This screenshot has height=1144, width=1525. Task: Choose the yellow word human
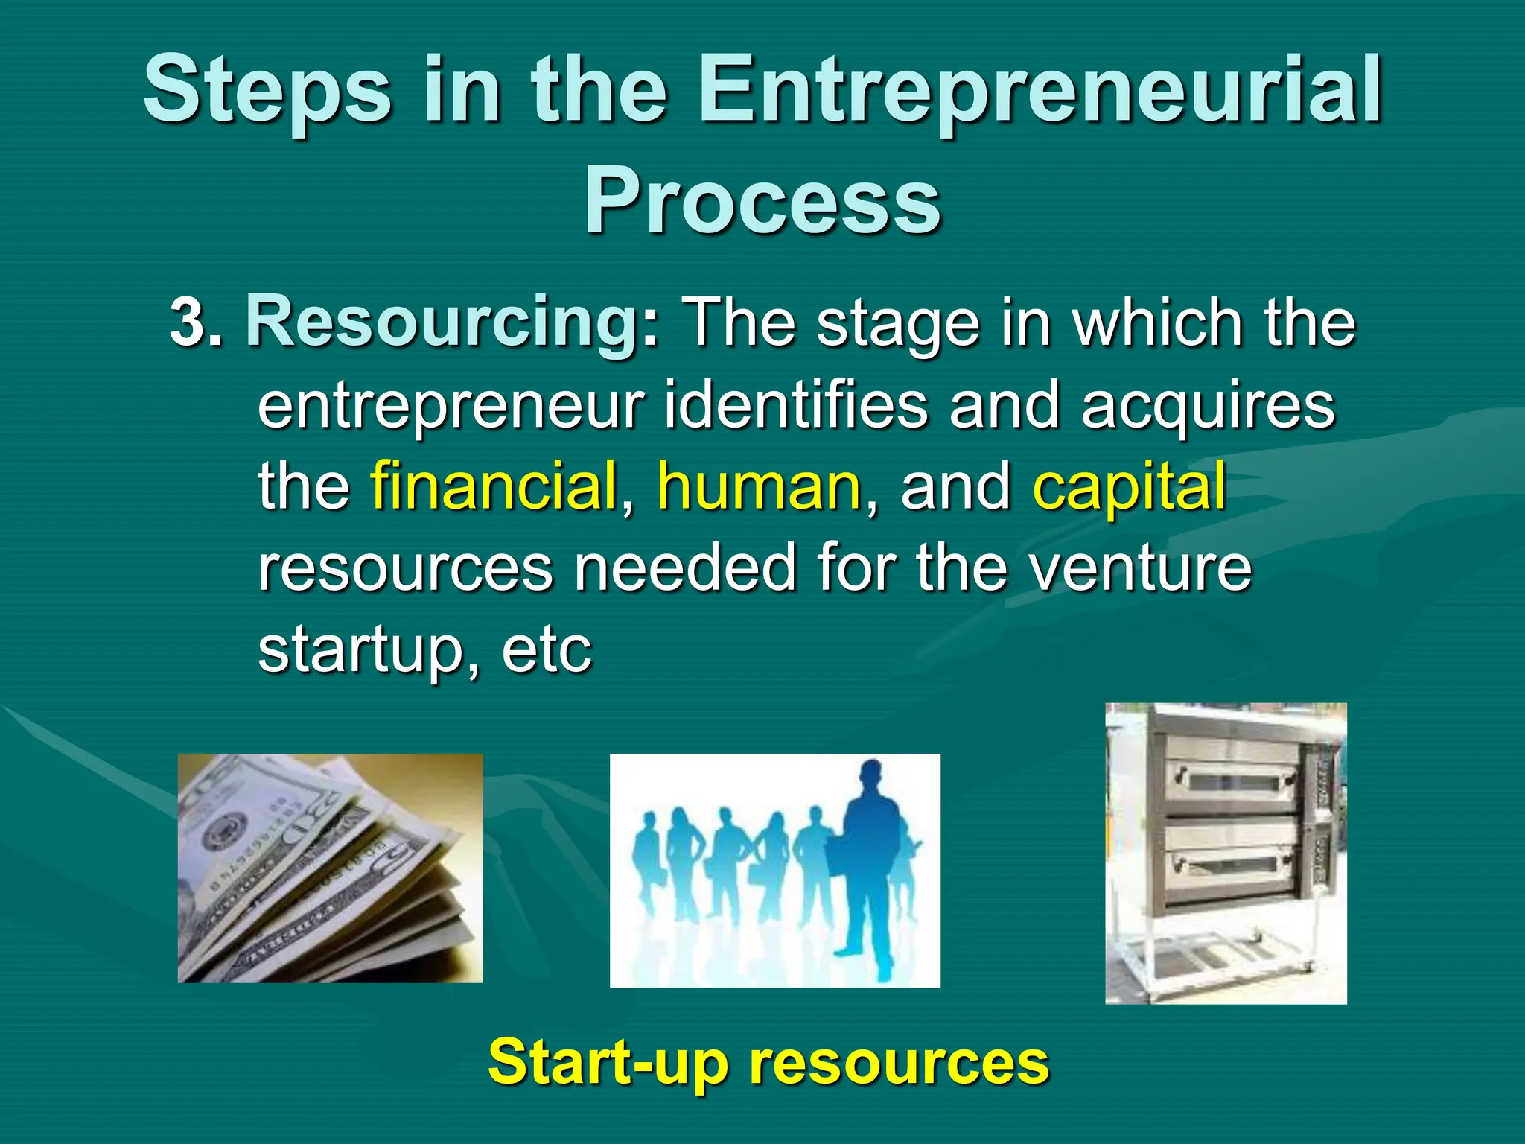(x=759, y=486)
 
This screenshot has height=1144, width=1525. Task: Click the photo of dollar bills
(x=330, y=868)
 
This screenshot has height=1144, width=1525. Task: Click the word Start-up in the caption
(x=608, y=1062)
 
